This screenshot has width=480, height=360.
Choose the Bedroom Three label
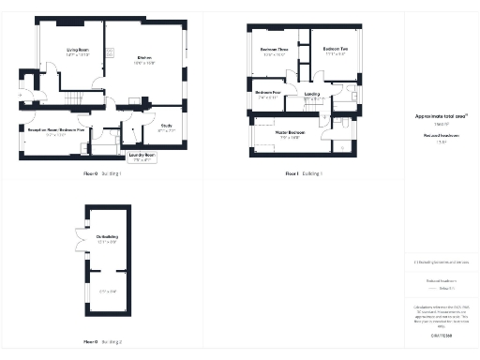tap(273, 52)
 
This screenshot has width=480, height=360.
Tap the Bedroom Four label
tap(269, 94)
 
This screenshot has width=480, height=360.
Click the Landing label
tap(312, 95)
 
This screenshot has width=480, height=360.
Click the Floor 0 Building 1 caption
tap(103, 174)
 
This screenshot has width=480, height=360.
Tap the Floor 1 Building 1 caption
tap(303, 174)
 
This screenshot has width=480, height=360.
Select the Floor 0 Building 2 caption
tap(102, 342)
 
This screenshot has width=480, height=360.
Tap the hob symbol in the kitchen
tap(110, 52)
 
